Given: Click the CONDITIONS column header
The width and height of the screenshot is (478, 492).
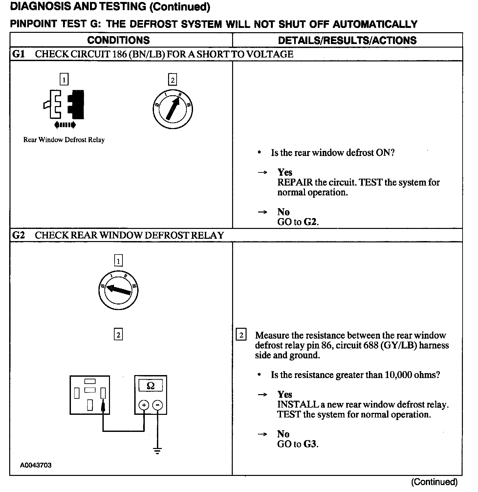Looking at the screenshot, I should pyautogui.click(x=119, y=40).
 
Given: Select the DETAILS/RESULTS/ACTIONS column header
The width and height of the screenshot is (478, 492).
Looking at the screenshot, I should pyautogui.click(x=347, y=40).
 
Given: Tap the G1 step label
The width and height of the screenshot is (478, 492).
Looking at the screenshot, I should pyautogui.click(x=18, y=54).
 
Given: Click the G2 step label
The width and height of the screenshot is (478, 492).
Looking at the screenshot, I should pyautogui.click(x=18, y=235).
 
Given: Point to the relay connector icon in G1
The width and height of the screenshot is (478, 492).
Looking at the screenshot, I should pyautogui.click(x=64, y=104).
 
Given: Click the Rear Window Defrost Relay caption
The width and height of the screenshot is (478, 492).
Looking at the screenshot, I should pyautogui.click(x=64, y=140).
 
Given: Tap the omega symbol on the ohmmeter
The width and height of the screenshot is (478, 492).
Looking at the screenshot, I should pyautogui.click(x=151, y=385).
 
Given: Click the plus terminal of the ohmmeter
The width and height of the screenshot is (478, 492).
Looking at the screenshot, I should pyautogui.click(x=144, y=405).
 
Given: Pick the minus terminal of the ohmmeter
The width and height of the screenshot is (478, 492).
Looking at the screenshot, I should pyautogui.click(x=158, y=405).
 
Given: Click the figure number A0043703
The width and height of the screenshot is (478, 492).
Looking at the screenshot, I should pyautogui.click(x=36, y=465).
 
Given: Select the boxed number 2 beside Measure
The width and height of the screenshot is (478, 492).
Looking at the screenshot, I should pyautogui.click(x=241, y=335).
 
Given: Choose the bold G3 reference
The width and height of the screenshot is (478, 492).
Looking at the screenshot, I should pyautogui.click(x=310, y=444).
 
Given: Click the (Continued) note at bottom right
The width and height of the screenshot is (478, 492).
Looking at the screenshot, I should pyautogui.click(x=434, y=482).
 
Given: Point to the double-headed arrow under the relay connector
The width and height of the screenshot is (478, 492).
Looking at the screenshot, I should pyautogui.click(x=65, y=124).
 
